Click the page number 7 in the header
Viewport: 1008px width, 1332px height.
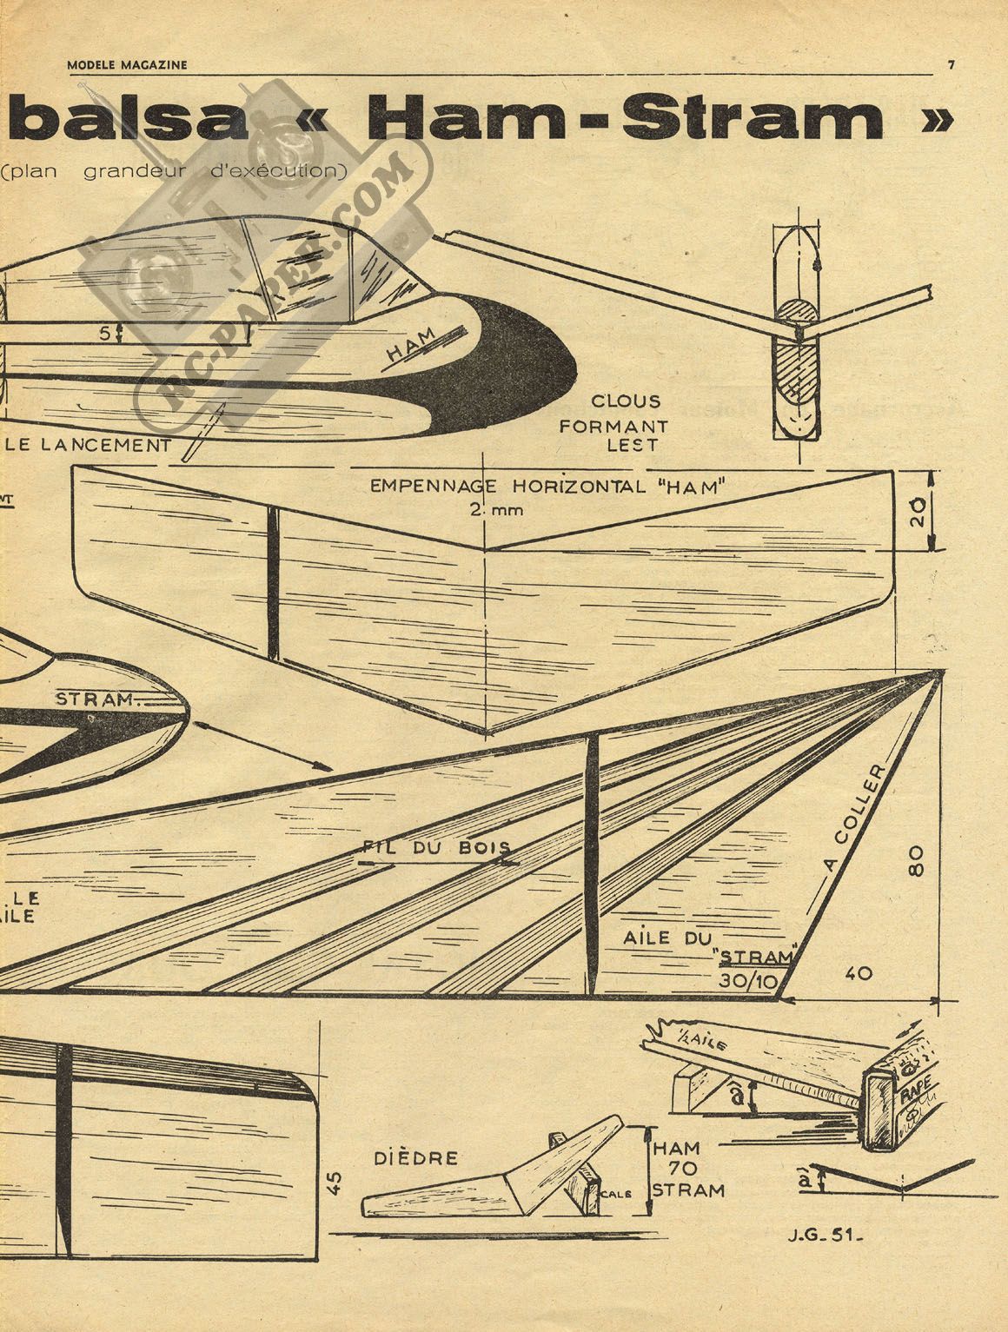952,63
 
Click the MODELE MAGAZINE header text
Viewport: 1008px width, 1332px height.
127,63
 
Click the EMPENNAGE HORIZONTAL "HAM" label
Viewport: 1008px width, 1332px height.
547,487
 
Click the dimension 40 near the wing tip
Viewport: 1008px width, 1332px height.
859,975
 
